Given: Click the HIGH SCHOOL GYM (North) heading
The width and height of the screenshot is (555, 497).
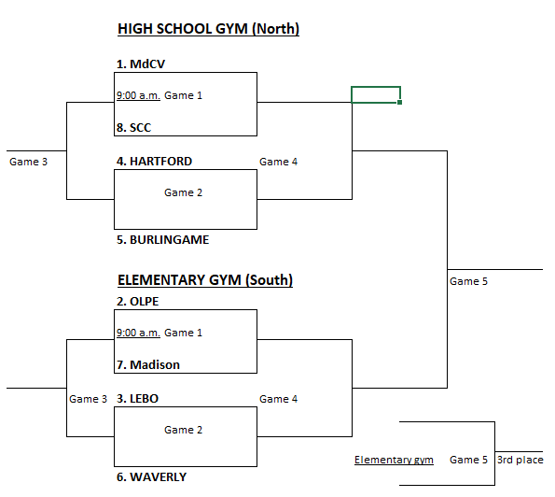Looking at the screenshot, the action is pyautogui.click(x=209, y=29).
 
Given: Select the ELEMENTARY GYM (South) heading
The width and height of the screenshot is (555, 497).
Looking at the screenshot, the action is pyautogui.click(x=205, y=280).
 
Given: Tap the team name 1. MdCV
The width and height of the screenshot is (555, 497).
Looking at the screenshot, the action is pyautogui.click(x=141, y=64).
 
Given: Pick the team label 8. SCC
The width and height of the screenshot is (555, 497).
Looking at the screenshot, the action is pyautogui.click(x=133, y=128).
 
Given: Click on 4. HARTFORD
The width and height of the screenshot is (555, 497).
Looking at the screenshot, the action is pyautogui.click(x=154, y=162).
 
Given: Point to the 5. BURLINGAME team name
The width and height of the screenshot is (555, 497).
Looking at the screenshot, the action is pyautogui.click(x=163, y=240).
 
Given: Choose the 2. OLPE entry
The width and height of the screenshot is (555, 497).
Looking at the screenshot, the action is pyautogui.click(x=138, y=302).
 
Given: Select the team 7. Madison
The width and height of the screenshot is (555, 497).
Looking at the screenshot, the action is pyautogui.click(x=148, y=364).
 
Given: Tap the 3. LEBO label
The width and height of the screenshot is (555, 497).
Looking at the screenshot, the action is pyautogui.click(x=137, y=399).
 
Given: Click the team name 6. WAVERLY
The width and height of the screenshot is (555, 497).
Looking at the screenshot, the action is pyautogui.click(x=151, y=477).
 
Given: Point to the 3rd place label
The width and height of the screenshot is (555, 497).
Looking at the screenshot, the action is pyautogui.click(x=520, y=460).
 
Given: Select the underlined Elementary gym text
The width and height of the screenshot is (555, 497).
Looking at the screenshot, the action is pyautogui.click(x=394, y=460).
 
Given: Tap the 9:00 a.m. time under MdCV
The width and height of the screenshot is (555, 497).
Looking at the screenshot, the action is pyautogui.click(x=138, y=95).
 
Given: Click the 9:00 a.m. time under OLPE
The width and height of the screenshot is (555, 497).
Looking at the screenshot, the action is pyautogui.click(x=138, y=333).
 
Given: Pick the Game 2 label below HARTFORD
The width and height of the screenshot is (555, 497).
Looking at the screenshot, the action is pyautogui.click(x=183, y=192).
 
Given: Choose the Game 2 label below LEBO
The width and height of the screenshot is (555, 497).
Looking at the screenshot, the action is pyautogui.click(x=183, y=430).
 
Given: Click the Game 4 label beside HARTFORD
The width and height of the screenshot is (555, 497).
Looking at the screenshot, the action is pyautogui.click(x=279, y=162).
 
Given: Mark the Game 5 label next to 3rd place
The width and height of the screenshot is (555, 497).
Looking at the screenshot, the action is pyautogui.click(x=468, y=460).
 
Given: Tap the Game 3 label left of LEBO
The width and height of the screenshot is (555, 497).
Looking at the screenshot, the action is pyautogui.click(x=88, y=399).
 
